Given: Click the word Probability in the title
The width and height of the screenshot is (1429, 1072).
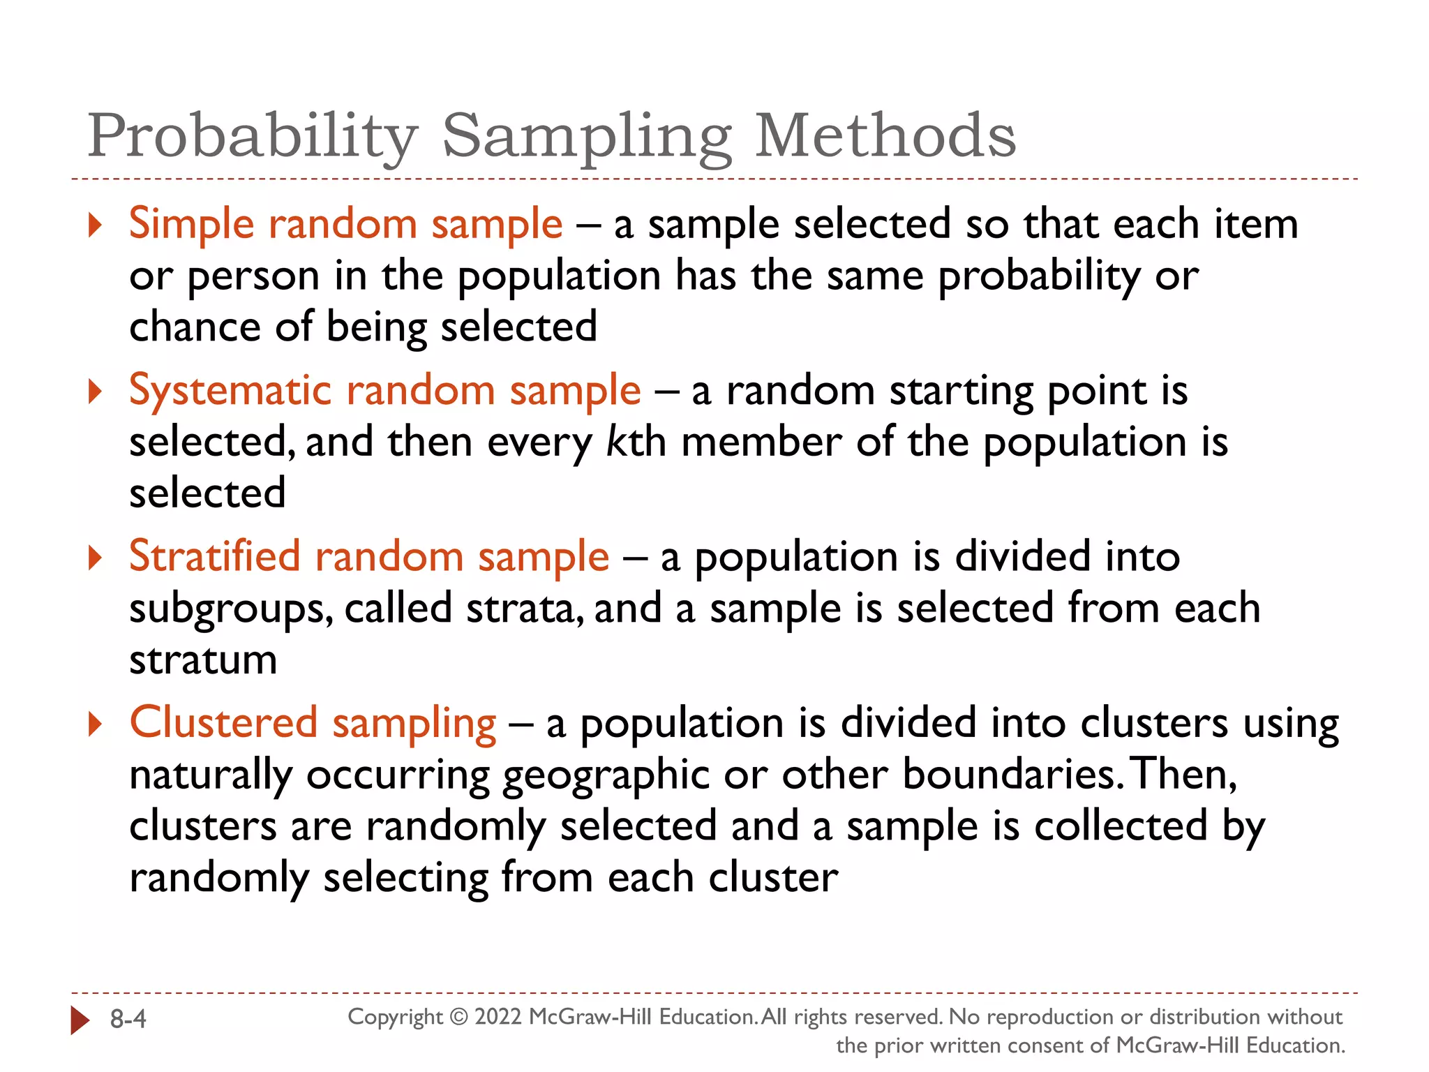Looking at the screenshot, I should point(253,137).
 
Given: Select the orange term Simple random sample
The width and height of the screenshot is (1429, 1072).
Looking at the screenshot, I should point(345,225).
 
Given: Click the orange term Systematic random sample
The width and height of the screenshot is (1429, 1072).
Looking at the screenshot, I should point(384,391).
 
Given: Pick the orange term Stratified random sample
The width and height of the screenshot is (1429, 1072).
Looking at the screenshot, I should point(369,558).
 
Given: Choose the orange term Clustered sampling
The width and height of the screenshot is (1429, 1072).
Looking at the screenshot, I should point(313,723).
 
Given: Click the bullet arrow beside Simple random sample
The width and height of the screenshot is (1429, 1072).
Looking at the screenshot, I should point(96,225).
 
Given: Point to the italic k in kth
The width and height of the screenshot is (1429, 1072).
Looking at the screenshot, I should point(613,442).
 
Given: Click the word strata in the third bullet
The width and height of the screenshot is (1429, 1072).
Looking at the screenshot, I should point(524,609).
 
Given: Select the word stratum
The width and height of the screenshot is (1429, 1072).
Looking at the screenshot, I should point(203,660).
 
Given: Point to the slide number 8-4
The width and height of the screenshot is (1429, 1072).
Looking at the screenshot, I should point(128,1020).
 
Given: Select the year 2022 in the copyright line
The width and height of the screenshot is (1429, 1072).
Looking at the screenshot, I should point(498,1017).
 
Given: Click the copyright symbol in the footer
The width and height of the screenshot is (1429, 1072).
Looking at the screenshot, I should point(458,1017).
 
